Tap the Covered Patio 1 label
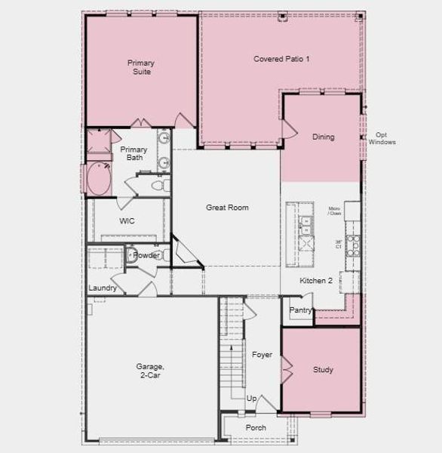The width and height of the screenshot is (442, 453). [x=281, y=59]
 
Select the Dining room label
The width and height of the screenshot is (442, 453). [x=323, y=137]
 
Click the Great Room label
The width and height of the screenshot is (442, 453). [x=227, y=208]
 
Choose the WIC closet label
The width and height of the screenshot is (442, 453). [x=127, y=221]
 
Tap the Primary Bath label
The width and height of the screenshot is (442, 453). [x=134, y=154]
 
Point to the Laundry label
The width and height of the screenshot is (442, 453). [x=103, y=288]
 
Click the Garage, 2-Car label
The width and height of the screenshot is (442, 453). [x=150, y=371]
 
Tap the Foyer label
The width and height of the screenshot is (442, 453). [x=262, y=355]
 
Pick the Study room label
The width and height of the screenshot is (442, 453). [x=323, y=370]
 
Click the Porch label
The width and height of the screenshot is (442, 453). [x=256, y=428]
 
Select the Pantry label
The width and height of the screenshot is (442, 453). [x=300, y=310]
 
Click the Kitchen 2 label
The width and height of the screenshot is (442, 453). [x=316, y=281]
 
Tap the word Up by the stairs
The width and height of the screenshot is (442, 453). [x=251, y=398]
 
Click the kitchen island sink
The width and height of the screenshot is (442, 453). [x=305, y=222]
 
